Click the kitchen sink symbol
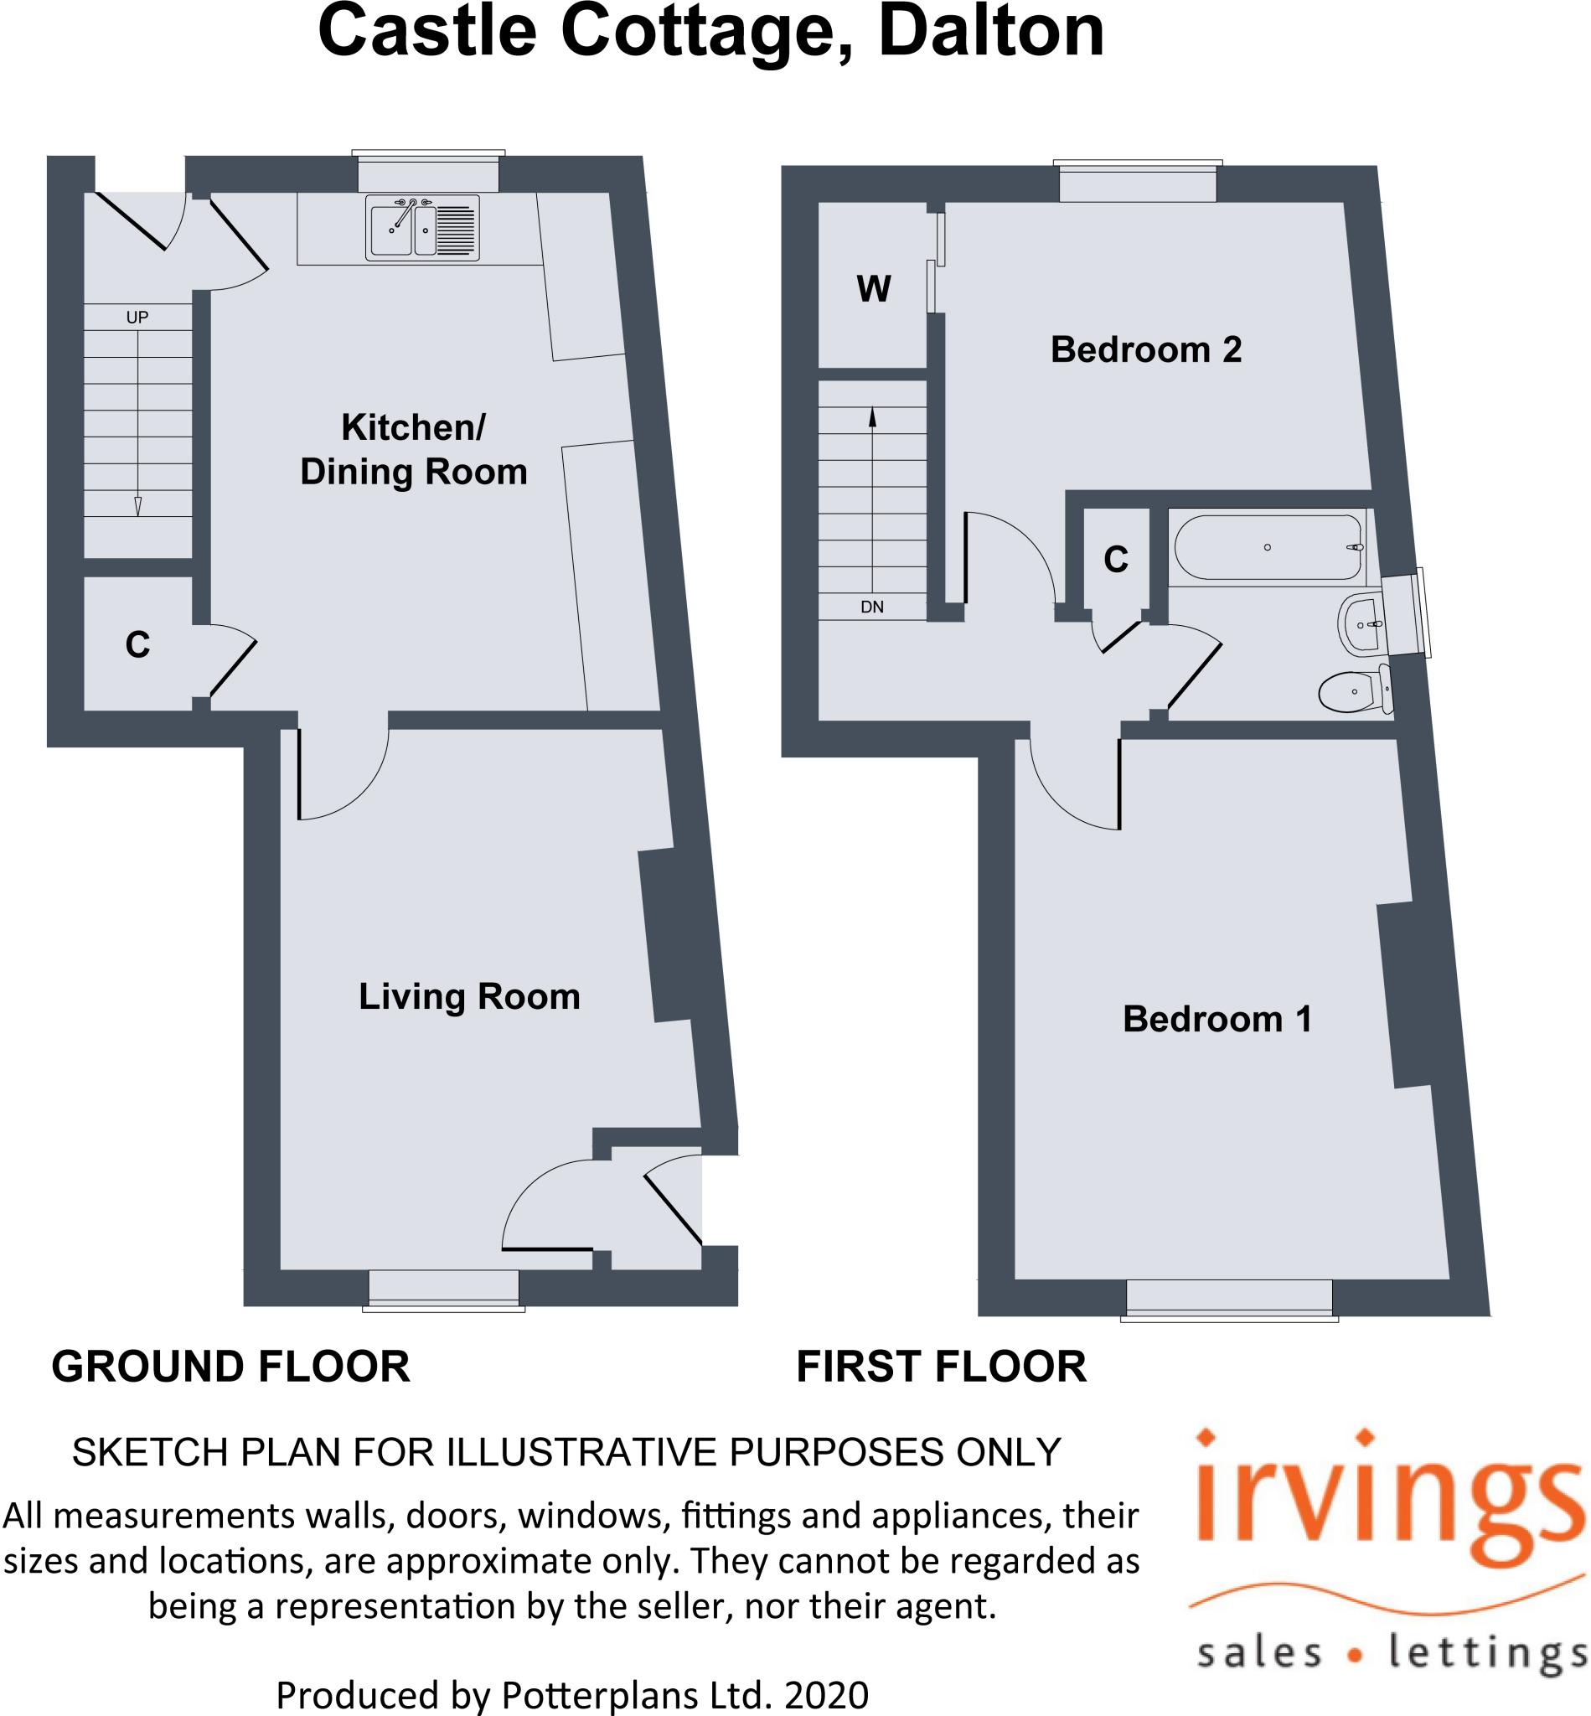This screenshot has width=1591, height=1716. click(422, 228)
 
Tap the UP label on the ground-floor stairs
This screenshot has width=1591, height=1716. click(137, 317)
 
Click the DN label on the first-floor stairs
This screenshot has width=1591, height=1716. click(872, 607)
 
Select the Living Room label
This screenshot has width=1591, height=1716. click(469, 996)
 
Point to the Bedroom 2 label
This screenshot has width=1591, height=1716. click(1146, 349)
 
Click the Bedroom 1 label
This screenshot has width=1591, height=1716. click(1217, 1019)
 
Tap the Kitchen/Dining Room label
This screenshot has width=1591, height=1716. click(413, 449)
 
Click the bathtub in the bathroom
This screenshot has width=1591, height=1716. click(1268, 548)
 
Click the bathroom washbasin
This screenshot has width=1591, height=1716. click(1361, 624)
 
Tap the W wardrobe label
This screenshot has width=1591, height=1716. click(874, 288)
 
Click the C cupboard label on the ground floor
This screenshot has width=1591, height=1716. click(137, 645)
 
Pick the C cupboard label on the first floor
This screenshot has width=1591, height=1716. click(1116, 560)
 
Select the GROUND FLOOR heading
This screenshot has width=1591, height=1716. click(230, 1367)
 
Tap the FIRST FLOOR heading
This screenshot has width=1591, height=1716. click(941, 1367)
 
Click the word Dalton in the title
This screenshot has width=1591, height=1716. click(991, 32)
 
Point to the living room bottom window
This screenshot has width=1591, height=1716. click(443, 1288)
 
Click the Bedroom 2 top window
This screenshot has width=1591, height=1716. click(1137, 183)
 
